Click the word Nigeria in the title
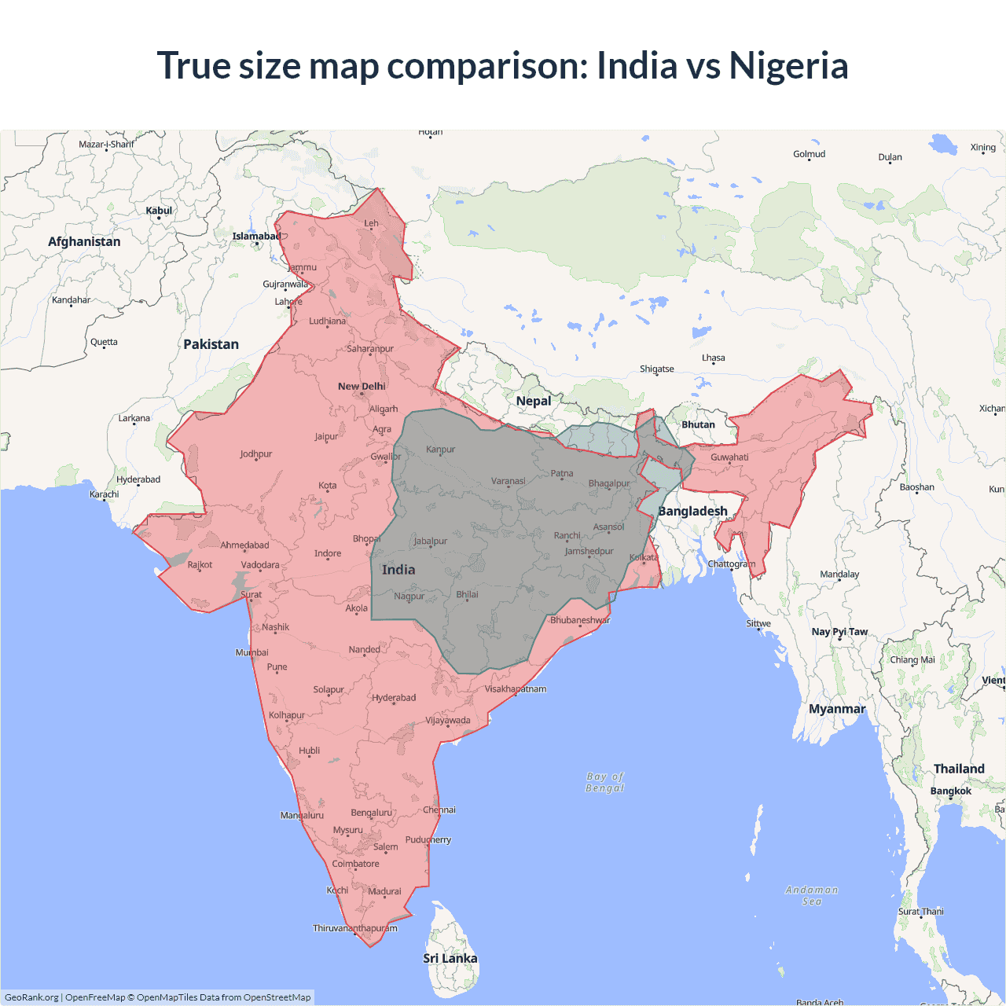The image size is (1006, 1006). pyautogui.click(x=788, y=66)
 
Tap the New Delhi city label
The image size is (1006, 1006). pyautogui.click(x=362, y=386)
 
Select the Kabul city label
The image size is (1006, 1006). pyautogui.click(x=159, y=211)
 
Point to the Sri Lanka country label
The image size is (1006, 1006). pyautogui.click(x=450, y=958)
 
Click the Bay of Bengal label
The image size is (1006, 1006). pyautogui.click(x=605, y=782)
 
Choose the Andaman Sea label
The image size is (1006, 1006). pyautogui.click(x=812, y=895)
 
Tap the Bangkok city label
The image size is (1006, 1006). pyautogui.click(x=951, y=791)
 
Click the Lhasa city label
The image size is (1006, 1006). pyautogui.click(x=714, y=358)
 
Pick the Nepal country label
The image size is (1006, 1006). pyautogui.click(x=534, y=401)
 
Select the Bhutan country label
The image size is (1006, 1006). pyautogui.click(x=698, y=424)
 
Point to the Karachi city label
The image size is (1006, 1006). pyautogui.click(x=105, y=494)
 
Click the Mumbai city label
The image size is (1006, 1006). pyautogui.click(x=251, y=652)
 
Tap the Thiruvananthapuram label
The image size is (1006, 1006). pyautogui.click(x=355, y=928)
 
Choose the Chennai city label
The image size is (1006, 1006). pyautogui.click(x=439, y=810)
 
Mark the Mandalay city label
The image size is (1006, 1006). pyautogui.click(x=839, y=574)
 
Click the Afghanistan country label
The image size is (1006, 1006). pyautogui.click(x=84, y=241)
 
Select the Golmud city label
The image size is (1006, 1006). pyautogui.click(x=810, y=154)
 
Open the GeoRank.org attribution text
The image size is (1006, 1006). pyautogui.click(x=31, y=997)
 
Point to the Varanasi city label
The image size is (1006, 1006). pyautogui.click(x=509, y=481)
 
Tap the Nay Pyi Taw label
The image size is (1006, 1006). pyautogui.click(x=839, y=631)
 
